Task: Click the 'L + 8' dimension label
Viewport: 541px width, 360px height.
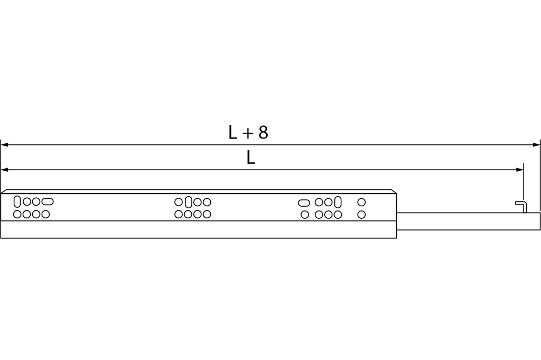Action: coord(248,133)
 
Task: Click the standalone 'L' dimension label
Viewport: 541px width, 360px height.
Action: coord(251,158)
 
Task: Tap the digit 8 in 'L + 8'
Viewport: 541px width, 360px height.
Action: coord(263,133)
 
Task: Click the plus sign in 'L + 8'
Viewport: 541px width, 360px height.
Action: coord(247,134)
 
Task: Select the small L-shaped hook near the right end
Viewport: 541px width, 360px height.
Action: coord(521,205)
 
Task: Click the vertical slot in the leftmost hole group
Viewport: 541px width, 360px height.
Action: coord(17,201)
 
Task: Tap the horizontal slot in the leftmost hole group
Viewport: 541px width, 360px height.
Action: coord(47,201)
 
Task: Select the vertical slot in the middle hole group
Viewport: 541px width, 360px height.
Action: coord(188,202)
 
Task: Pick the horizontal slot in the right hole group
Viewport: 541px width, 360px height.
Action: coord(304,202)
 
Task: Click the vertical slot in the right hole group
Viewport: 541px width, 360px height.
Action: coord(338,202)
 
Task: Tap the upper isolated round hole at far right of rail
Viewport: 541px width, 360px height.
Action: coord(361,202)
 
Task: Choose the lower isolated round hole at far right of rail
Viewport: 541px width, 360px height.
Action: coord(361,214)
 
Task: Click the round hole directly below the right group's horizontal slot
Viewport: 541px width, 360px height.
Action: coord(304,215)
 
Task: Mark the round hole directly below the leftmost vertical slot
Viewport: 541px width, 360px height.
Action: coord(17,214)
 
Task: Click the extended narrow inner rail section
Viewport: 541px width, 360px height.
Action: coord(468,221)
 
